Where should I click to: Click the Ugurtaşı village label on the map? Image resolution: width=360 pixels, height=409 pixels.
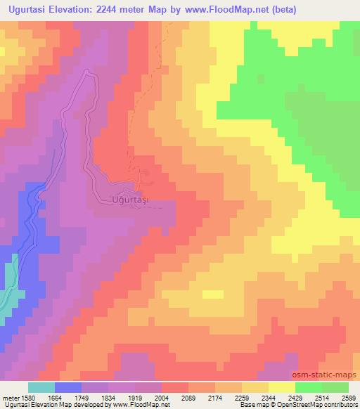tap(133, 200)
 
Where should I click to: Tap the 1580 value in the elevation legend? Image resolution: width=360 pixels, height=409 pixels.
tap(27, 398)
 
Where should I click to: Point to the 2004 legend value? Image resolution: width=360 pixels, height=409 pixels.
tap(162, 398)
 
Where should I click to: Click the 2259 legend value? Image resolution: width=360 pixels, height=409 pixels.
tap(241, 398)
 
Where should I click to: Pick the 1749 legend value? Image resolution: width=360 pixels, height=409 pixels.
tap(82, 398)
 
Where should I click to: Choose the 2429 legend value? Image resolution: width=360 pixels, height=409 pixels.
tap(295, 398)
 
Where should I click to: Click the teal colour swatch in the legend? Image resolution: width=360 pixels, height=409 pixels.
tap(41, 387)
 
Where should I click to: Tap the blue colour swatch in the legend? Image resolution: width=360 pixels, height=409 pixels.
tap(68, 387)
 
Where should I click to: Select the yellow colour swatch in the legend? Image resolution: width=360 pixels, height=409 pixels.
tap(281, 387)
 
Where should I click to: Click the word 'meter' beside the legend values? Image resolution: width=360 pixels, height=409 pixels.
tap(11, 398)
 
